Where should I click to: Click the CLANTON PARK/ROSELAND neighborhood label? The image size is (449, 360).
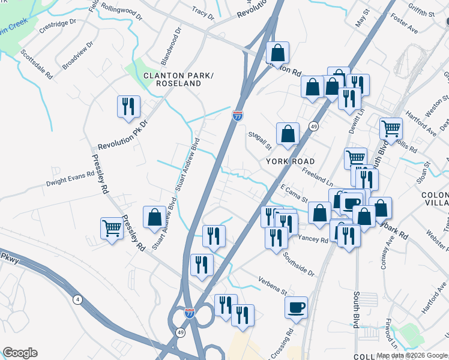pyautogui.click(x=178, y=79)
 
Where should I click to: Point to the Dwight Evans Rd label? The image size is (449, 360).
pyautogui.click(x=71, y=178)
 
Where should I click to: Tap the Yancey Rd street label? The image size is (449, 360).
pyautogui.click(x=313, y=239)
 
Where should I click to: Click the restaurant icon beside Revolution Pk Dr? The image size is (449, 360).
pyautogui.click(x=128, y=107)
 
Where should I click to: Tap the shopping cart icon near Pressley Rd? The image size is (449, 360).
pyautogui.click(x=112, y=229)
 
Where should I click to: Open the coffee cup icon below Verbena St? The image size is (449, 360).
pyautogui.click(x=297, y=308)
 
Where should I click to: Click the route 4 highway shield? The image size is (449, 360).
pyautogui.click(x=77, y=299)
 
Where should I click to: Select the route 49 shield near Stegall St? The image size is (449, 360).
pyautogui.click(x=313, y=126)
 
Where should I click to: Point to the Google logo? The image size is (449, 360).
pyautogui.click(x=20, y=353)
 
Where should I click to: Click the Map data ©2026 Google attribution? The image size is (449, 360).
pyautogui.click(x=412, y=356)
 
